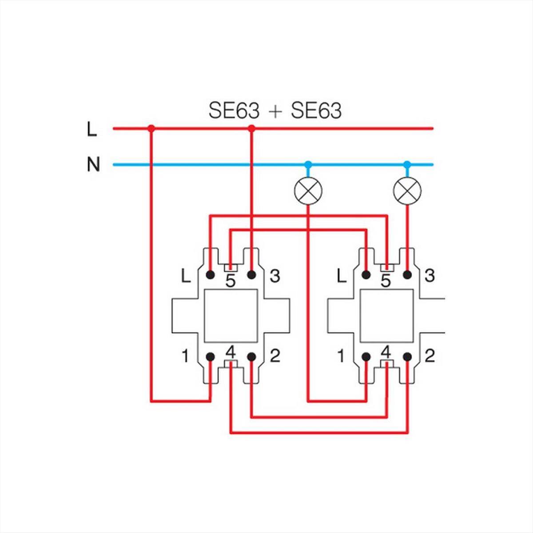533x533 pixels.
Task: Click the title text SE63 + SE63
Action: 275,111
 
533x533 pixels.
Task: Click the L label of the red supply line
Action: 92,129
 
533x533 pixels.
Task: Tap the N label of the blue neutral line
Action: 93,165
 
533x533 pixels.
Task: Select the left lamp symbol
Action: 308,191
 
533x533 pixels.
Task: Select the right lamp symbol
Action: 407,191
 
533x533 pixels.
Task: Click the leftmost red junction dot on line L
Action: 151,128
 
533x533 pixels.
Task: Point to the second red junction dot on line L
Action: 251,128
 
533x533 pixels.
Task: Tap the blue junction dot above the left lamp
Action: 308,165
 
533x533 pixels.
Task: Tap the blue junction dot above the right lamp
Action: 407,165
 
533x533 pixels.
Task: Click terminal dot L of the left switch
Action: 211,274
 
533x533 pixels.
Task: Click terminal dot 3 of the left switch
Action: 251,274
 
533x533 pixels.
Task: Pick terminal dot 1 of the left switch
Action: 211,357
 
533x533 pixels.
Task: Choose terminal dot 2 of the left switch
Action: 251,357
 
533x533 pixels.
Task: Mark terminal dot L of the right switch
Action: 366,274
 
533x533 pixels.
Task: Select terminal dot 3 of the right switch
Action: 407,274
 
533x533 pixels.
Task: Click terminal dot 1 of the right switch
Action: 366,357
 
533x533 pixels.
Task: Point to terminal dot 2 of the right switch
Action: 407,357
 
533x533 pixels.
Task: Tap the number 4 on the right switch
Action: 386,352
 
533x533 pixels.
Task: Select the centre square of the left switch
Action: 231,316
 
